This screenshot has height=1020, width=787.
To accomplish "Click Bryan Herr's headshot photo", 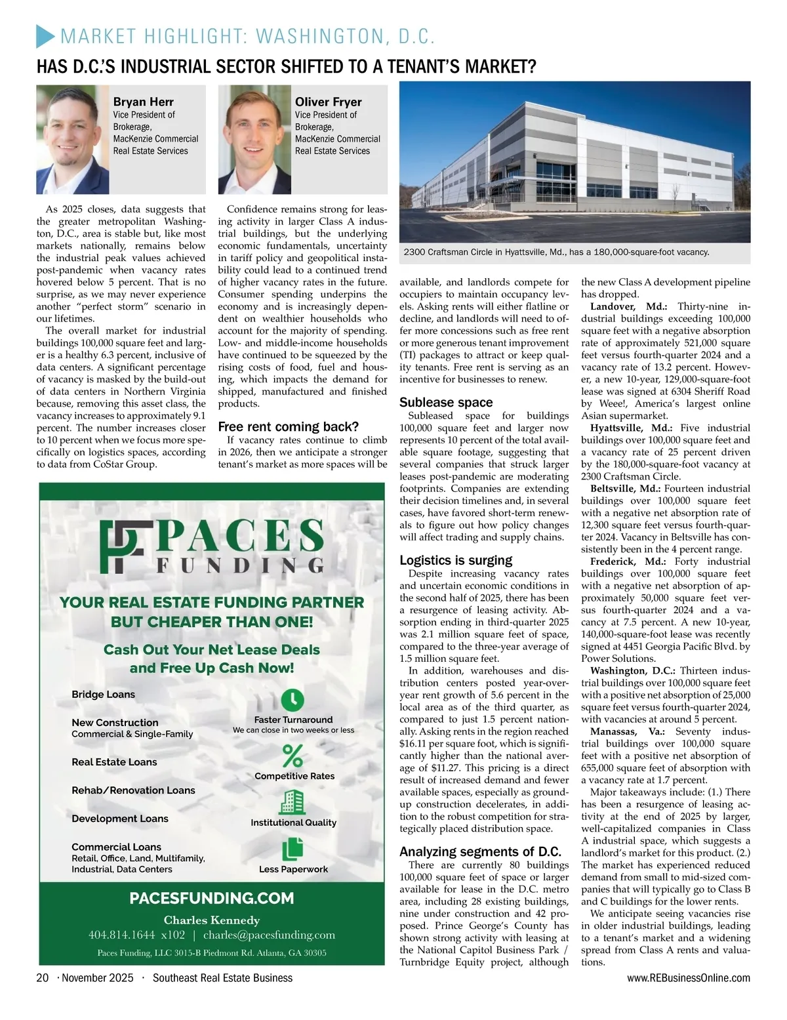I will (x=73, y=140).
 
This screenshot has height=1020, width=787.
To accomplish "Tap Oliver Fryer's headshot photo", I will (x=254, y=140).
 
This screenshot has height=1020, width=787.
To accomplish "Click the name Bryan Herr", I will (x=144, y=102).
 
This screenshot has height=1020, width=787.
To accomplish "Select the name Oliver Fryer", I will (x=328, y=102).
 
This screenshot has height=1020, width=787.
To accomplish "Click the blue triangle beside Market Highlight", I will (x=44, y=36).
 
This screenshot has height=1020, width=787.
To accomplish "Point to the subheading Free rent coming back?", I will (x=289, y=426).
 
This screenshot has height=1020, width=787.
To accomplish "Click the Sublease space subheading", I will (x=446, y=402).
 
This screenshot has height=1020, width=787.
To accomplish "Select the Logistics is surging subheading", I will (x=456, y=560).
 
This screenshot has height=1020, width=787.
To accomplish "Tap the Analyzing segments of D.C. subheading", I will (x=480, y=851).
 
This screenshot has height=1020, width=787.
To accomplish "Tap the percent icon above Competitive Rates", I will (x=293, y=756).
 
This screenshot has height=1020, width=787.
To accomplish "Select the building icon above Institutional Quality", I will (x=293, y=802).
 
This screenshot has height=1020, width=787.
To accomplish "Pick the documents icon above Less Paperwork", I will (x=293, y=849).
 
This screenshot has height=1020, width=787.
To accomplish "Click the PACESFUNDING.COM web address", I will (x=212, y=898).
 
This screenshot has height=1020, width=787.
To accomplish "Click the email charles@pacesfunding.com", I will (x=269, y=935).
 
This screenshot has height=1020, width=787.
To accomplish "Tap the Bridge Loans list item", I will (x=103, y=694).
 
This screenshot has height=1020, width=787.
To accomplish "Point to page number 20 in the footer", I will (x=43, y=978).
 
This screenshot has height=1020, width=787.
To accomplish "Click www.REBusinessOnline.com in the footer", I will (x=689, y=978).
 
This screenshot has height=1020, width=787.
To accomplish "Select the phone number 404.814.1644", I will (x=121, y=935).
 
